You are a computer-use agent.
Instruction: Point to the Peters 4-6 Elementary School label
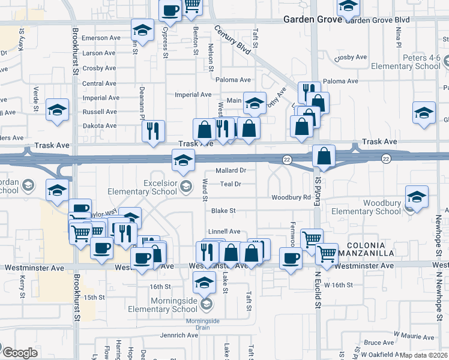(x=406, y=62)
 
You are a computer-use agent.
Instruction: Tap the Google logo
(x=19, y=353)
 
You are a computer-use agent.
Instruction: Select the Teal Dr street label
(x=231, y=184)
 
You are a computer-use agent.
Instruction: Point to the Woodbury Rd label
(x=291, y=197)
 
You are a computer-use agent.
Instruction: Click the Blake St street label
(x=223, y=211)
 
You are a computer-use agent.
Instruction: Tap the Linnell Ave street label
(x=224, y=231)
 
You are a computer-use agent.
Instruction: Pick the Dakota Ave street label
(x=100, y=126)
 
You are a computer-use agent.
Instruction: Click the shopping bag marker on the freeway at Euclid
(x=324, y=156)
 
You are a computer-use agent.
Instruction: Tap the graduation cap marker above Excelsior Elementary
(x=183, y=160)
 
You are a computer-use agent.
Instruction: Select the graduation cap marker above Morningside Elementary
(x=205, y=281)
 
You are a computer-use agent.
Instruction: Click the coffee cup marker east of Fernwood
(x=291, y=258)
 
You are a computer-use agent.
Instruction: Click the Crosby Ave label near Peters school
(x=351, y=58)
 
